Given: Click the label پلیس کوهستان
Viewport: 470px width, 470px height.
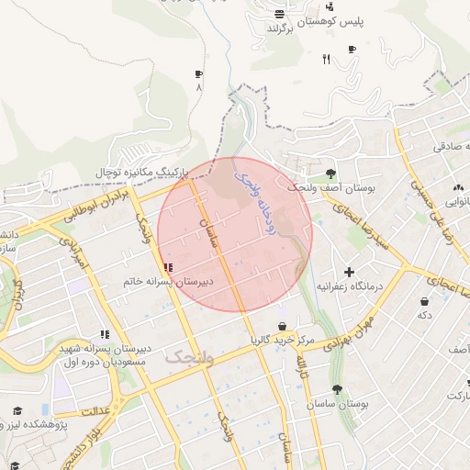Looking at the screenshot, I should (x=315, y=21).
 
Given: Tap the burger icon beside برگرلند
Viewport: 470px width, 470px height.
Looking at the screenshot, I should (x=279, y=14).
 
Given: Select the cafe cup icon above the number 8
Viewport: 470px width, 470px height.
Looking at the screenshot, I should (x=198, y=74).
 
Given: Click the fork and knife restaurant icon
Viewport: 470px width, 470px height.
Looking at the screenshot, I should (x=326, y=60).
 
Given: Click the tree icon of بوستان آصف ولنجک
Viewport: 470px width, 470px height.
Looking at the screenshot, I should (x=330, y=173).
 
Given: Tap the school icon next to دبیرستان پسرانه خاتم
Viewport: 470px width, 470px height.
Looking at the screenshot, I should (x=168, y=269).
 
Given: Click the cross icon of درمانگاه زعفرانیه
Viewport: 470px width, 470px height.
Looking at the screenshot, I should (x=349, y=272).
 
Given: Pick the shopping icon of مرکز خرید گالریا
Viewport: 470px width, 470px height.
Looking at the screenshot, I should (x=282, y=327).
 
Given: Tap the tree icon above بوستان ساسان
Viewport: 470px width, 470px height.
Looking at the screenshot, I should (x=337, y=389).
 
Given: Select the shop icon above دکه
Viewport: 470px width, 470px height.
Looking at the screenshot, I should (x=424, y=301).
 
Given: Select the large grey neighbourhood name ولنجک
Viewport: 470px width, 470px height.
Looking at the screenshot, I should (x=189, y=358).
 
